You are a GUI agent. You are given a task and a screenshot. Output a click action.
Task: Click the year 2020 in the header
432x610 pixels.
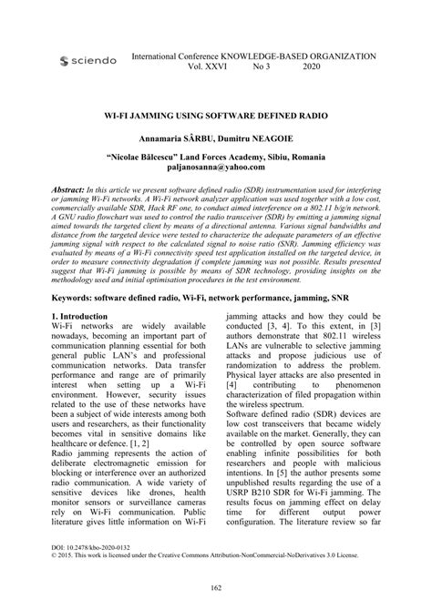click(312, 66)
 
